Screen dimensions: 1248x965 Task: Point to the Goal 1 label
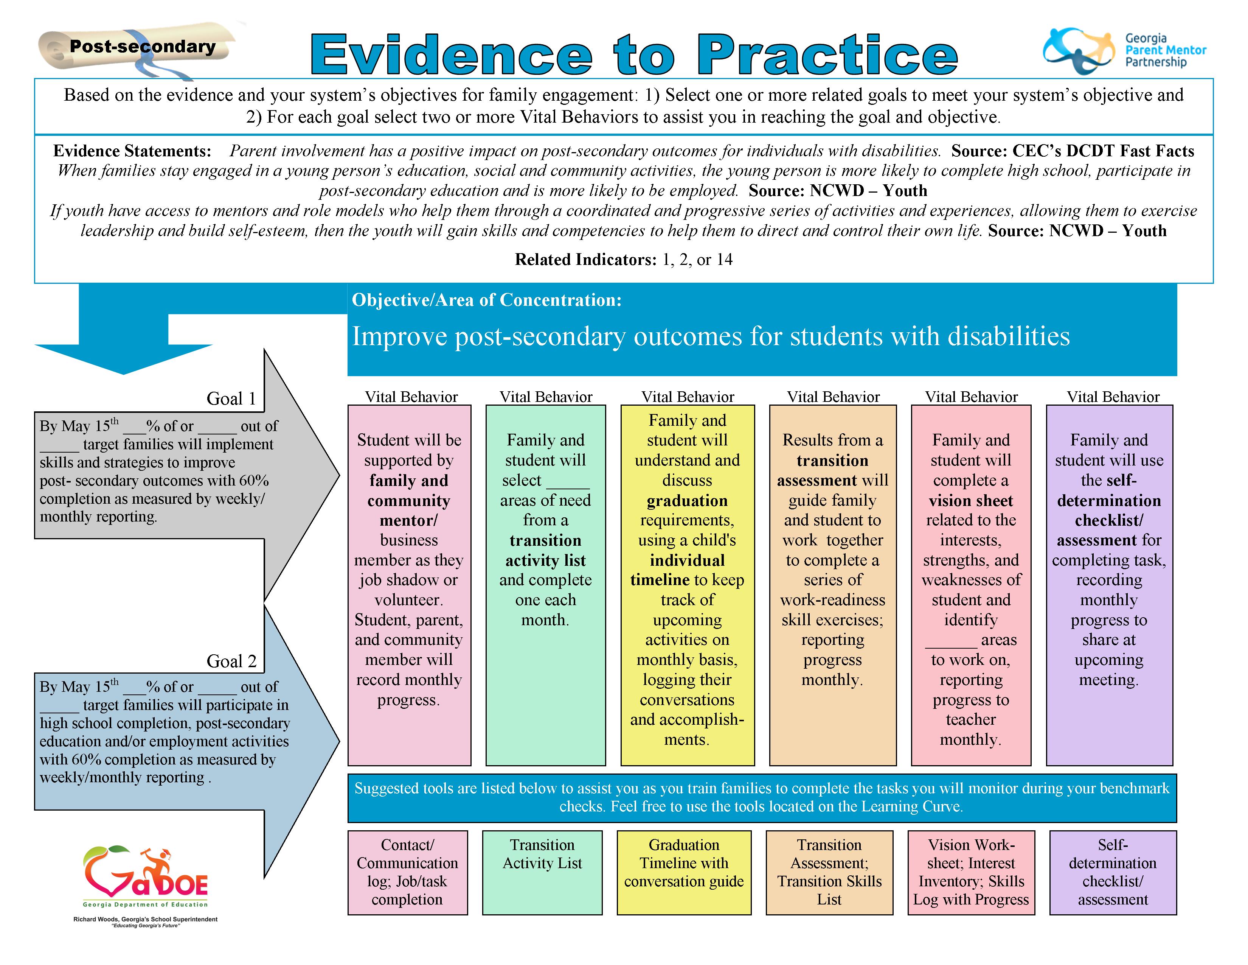[231, 398]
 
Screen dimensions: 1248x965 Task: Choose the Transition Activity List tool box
[542, 872]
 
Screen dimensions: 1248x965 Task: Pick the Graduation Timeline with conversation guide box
[684, 872]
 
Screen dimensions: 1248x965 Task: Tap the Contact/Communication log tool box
[407, 872]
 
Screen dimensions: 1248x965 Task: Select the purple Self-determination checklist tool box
[1113, 872]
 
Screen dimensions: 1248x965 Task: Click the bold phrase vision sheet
[971, 501]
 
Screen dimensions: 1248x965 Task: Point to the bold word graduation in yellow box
[688, 501]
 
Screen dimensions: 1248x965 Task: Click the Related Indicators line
[623, 260]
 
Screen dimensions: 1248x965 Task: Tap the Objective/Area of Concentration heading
[486, 300]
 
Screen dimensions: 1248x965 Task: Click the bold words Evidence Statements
[132, 151]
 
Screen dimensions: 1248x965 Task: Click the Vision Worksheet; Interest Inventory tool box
[971, 872]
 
